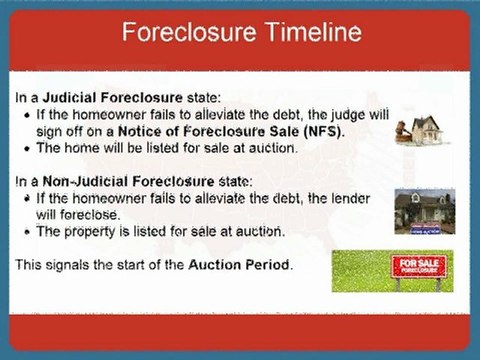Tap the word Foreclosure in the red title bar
pos(186,34)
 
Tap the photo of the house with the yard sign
pos(423,211)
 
